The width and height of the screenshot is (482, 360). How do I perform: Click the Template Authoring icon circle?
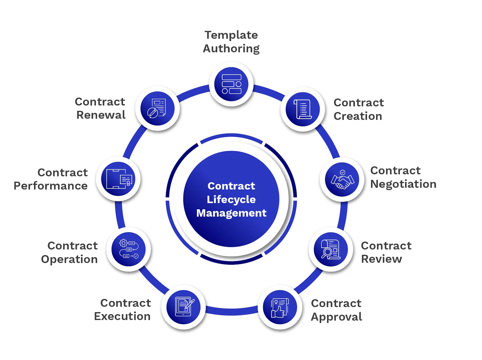click(231, 84)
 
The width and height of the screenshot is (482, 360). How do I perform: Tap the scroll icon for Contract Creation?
click(303, 109)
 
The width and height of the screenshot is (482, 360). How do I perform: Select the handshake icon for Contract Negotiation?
click(342, 179)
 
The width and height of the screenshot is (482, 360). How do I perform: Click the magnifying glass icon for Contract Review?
click(331, 249)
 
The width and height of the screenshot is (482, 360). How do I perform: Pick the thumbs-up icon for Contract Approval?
click(280, 307)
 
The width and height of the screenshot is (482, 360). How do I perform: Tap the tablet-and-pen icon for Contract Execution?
click(183, 307)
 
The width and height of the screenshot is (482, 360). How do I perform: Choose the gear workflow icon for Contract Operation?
click(129, 249)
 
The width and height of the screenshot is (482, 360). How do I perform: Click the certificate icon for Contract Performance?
click(118, 179)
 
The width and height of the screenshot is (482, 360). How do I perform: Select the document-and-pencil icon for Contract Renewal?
click(157, 109)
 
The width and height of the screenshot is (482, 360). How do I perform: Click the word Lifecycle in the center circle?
click(231, 199)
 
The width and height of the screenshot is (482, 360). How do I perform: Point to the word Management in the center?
click(231, 213)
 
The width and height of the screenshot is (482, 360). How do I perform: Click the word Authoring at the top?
click(231, 48)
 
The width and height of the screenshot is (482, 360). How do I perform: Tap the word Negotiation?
click(403, 184)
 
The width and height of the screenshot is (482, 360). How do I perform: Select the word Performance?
click(51, 186)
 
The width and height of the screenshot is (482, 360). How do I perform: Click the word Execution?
click(122, 316)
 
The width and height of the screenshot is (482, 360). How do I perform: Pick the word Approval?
click(336, 317)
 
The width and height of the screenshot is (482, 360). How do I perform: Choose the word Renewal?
click(101, 115)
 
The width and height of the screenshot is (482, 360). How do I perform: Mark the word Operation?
click(69, 259)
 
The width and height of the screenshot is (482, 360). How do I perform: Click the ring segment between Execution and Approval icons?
click(232, 311)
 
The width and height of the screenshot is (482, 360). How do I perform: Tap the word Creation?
click(358, 116)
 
